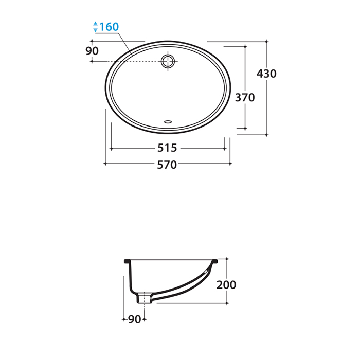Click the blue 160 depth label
(109, 27)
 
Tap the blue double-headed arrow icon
(95, 27)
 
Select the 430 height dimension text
(266, 74)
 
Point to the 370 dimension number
(245, 98)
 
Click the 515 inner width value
(167, 148)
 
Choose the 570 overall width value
(167, 165)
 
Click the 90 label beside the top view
(92, 51)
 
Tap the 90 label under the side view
(135, 319)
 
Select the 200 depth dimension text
(226, 285)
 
